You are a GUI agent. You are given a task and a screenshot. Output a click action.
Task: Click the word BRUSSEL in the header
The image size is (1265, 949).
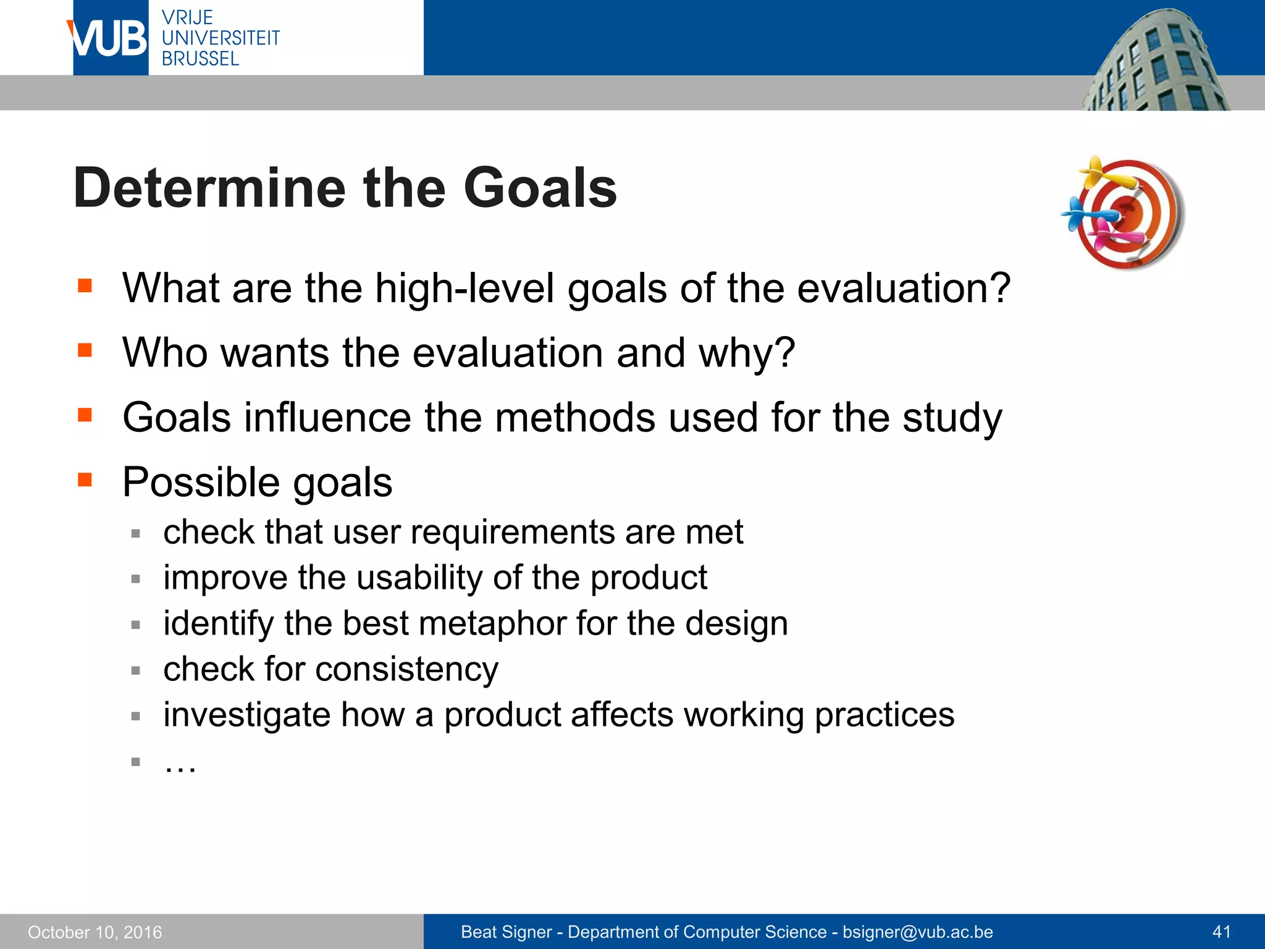point(200,59)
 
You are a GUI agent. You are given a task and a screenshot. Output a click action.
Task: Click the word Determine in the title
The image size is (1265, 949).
point(209,188)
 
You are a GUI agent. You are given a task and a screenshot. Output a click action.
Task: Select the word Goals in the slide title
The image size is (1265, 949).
point(540,188)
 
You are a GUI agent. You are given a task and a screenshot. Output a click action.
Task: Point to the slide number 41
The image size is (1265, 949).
point(1222,932)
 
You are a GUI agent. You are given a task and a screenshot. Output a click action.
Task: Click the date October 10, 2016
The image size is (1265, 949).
point(95,932)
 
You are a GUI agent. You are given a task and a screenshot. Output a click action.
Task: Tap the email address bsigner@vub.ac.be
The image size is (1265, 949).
point(918,932)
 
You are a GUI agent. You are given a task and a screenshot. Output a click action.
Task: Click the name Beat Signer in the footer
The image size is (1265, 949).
point(506,932)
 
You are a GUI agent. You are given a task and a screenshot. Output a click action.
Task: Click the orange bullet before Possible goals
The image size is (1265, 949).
point(85,480)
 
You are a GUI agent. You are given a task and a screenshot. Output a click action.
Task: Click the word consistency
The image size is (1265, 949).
point(407,669)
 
